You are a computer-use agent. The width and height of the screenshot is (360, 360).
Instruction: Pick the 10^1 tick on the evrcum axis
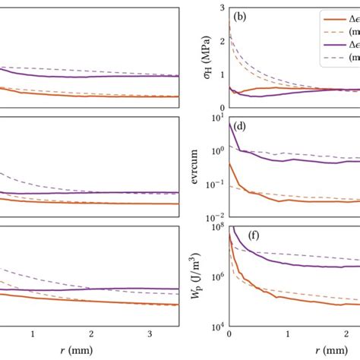pyautogui.click(x=216, y=115)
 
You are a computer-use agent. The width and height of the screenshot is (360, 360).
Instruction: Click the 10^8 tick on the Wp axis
pyautogui.click(x=216, y=226)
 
